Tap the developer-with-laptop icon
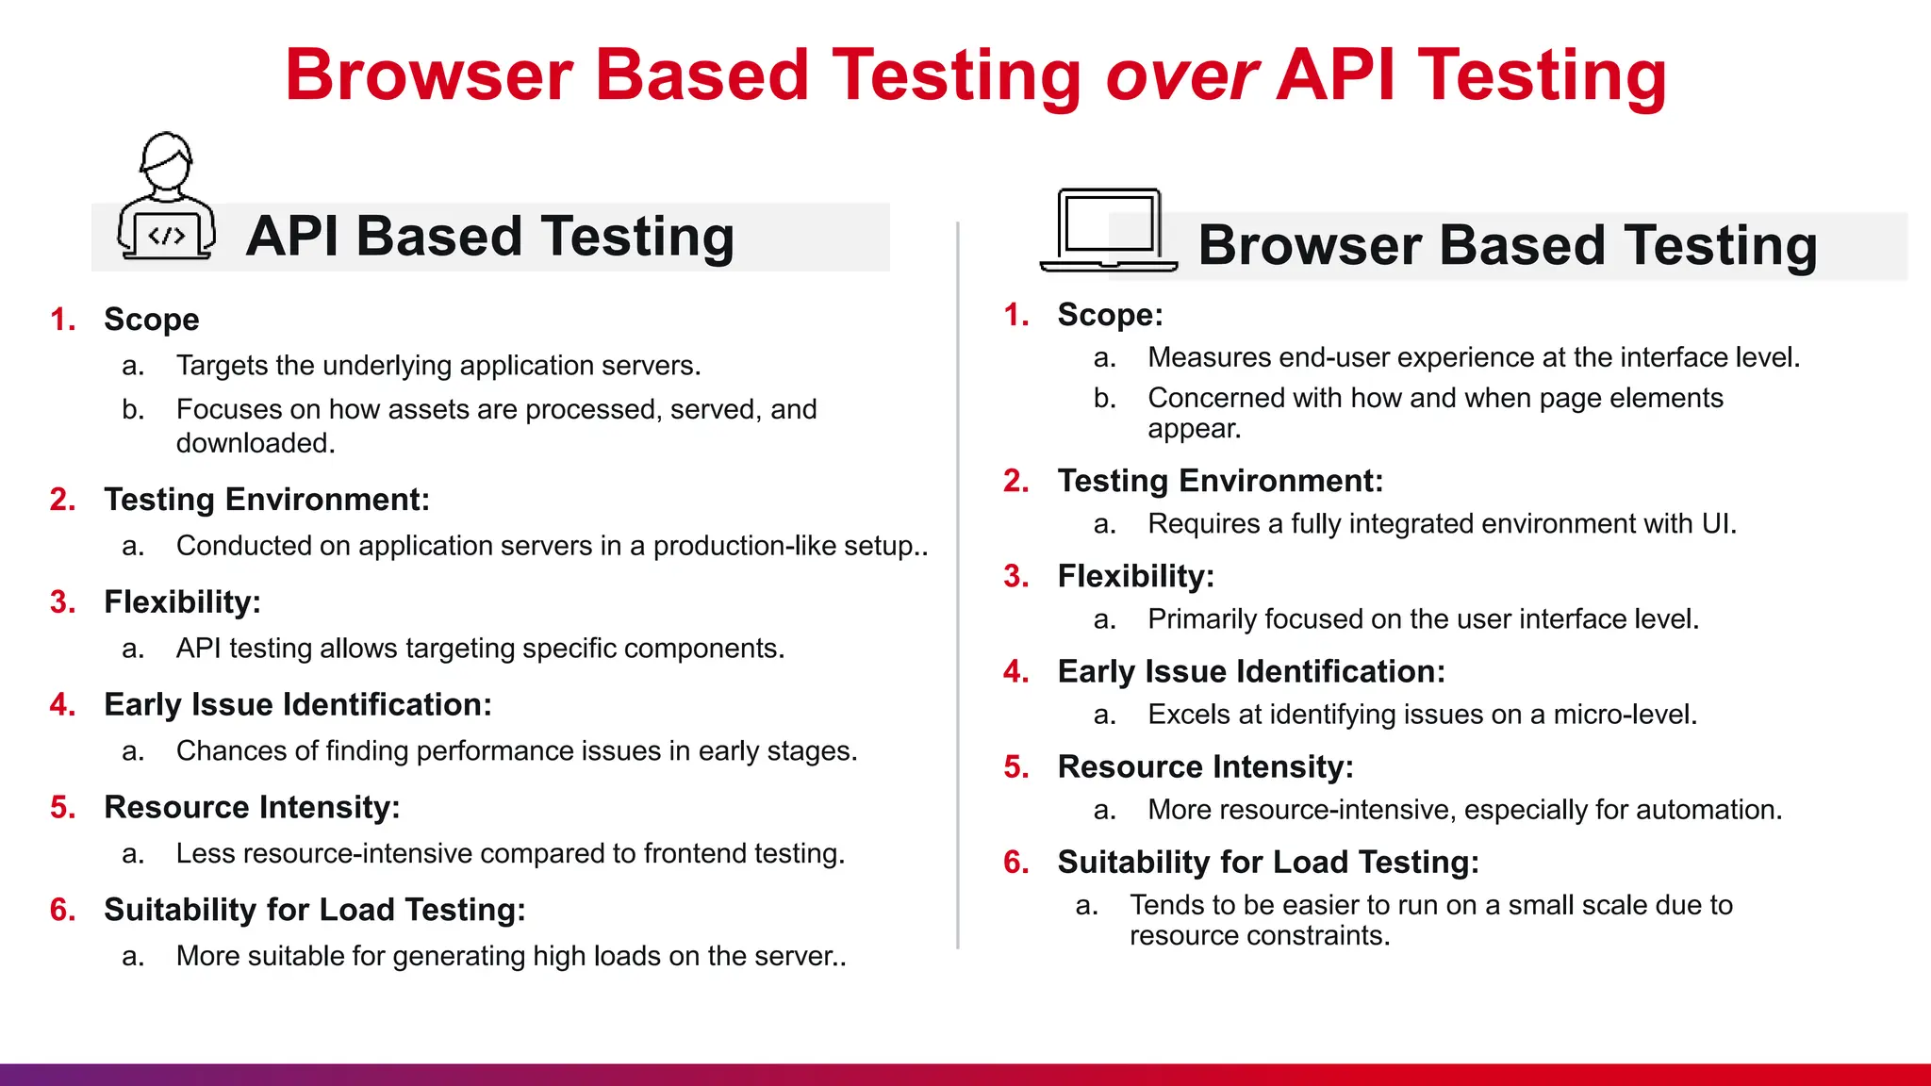(x=166, y=198)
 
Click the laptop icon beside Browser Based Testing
(x=1109, y=231)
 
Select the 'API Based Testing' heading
(x=489, y=237)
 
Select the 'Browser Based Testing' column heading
(x=1507, y=246)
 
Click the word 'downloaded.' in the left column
(x=256, y=443)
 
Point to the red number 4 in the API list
(x=62, y=704)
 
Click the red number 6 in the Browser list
(x=1015, y=862)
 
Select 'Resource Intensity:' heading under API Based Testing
(x=252, y=807)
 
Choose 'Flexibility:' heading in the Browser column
(x=1135, y=576)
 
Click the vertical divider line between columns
(x=958, y=584)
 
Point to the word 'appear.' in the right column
(x=1194, y=429)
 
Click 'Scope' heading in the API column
(x=151, y=320)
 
